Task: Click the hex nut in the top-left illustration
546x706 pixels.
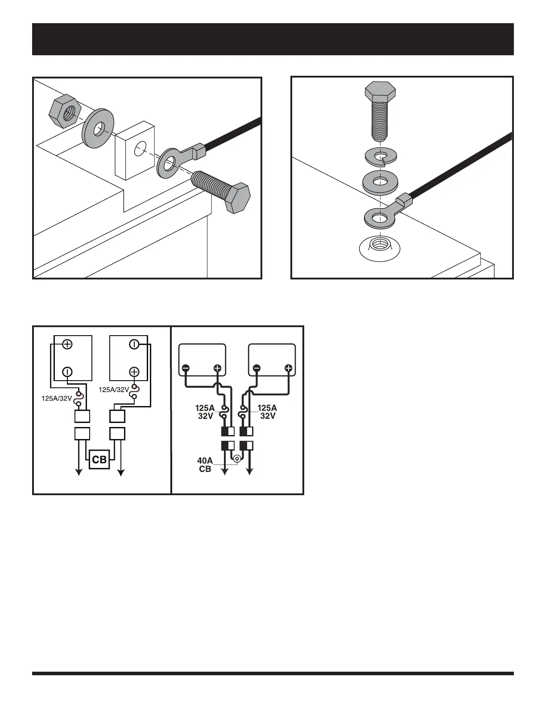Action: point(65,112)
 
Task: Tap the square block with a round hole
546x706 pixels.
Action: point(135,150)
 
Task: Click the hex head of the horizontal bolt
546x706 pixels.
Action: point(237,198)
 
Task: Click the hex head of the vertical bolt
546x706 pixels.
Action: point(380,92)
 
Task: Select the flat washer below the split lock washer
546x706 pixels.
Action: point(380,181)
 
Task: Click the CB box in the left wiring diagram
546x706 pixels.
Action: point(99,459)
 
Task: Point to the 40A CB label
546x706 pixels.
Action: point(205,465)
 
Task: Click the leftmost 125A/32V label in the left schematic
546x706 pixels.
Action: point(56,398)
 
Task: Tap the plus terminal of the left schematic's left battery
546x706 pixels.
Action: point(67,345)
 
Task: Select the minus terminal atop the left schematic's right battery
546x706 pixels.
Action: point(134,345)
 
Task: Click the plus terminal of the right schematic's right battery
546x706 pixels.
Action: point(289,369)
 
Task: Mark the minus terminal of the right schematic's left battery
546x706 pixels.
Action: point(186,369)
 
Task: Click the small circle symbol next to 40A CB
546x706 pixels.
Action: point(237,458)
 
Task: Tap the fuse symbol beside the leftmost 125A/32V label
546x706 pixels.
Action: point(79,398)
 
